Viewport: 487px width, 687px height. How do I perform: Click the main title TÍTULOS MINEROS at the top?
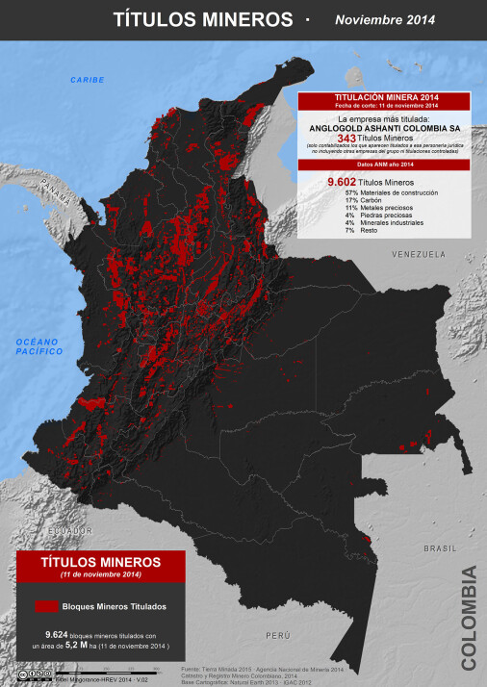[203, 19]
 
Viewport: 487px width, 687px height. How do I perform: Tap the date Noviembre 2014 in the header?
[384, 19]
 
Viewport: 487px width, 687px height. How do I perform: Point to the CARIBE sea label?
[87, 79]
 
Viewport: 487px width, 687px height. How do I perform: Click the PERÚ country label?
[278, 636]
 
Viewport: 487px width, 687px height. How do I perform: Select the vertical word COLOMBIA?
[469, 618]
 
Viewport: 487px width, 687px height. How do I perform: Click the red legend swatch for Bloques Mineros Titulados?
[44, 607]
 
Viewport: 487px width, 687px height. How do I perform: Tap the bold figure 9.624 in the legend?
[59, 635]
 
